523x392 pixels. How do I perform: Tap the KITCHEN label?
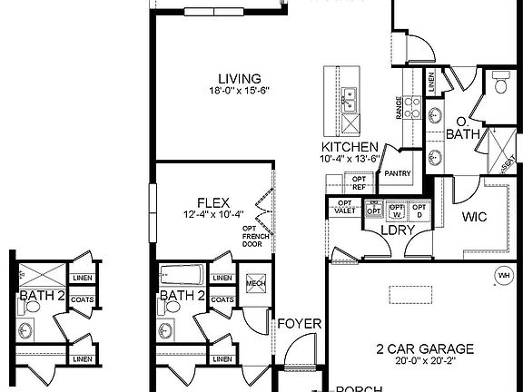coord(350,146)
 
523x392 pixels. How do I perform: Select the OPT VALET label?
coord(346,207)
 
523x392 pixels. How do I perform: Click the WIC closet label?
coord(476,218)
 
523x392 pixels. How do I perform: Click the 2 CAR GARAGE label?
coord(425,348)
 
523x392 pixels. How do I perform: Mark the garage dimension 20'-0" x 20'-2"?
coord(425,360)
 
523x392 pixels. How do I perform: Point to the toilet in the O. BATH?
coord(499,85)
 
